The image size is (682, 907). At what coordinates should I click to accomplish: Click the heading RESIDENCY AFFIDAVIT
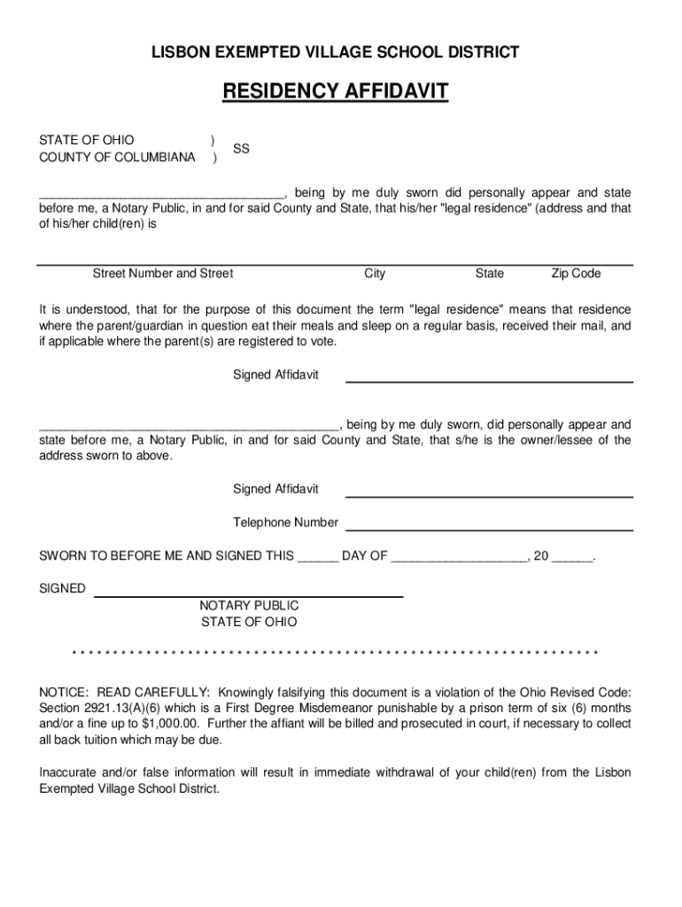coord(335,91)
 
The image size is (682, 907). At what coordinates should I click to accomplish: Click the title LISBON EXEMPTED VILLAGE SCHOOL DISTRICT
coord(335,53)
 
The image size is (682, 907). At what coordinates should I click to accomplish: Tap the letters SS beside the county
coord(241,150)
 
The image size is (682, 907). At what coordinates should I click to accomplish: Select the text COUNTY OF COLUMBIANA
coord(117,158)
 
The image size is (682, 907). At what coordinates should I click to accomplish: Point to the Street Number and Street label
coord(163,274)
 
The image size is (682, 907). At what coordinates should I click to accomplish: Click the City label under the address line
coord(375,274)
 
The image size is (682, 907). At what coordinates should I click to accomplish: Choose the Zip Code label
coord(576,274)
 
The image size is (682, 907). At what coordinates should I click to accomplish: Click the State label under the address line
coord(489,274)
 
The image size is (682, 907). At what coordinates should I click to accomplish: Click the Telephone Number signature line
coord(489,529)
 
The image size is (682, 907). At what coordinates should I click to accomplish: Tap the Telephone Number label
coord(285,523)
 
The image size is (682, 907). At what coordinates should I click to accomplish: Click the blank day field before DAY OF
coord(317,558)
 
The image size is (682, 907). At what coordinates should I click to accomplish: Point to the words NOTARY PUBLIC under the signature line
coord(249,606)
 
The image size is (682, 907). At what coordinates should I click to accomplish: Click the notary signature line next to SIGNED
coord(248,596)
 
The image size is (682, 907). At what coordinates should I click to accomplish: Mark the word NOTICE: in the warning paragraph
coord(63,693)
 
